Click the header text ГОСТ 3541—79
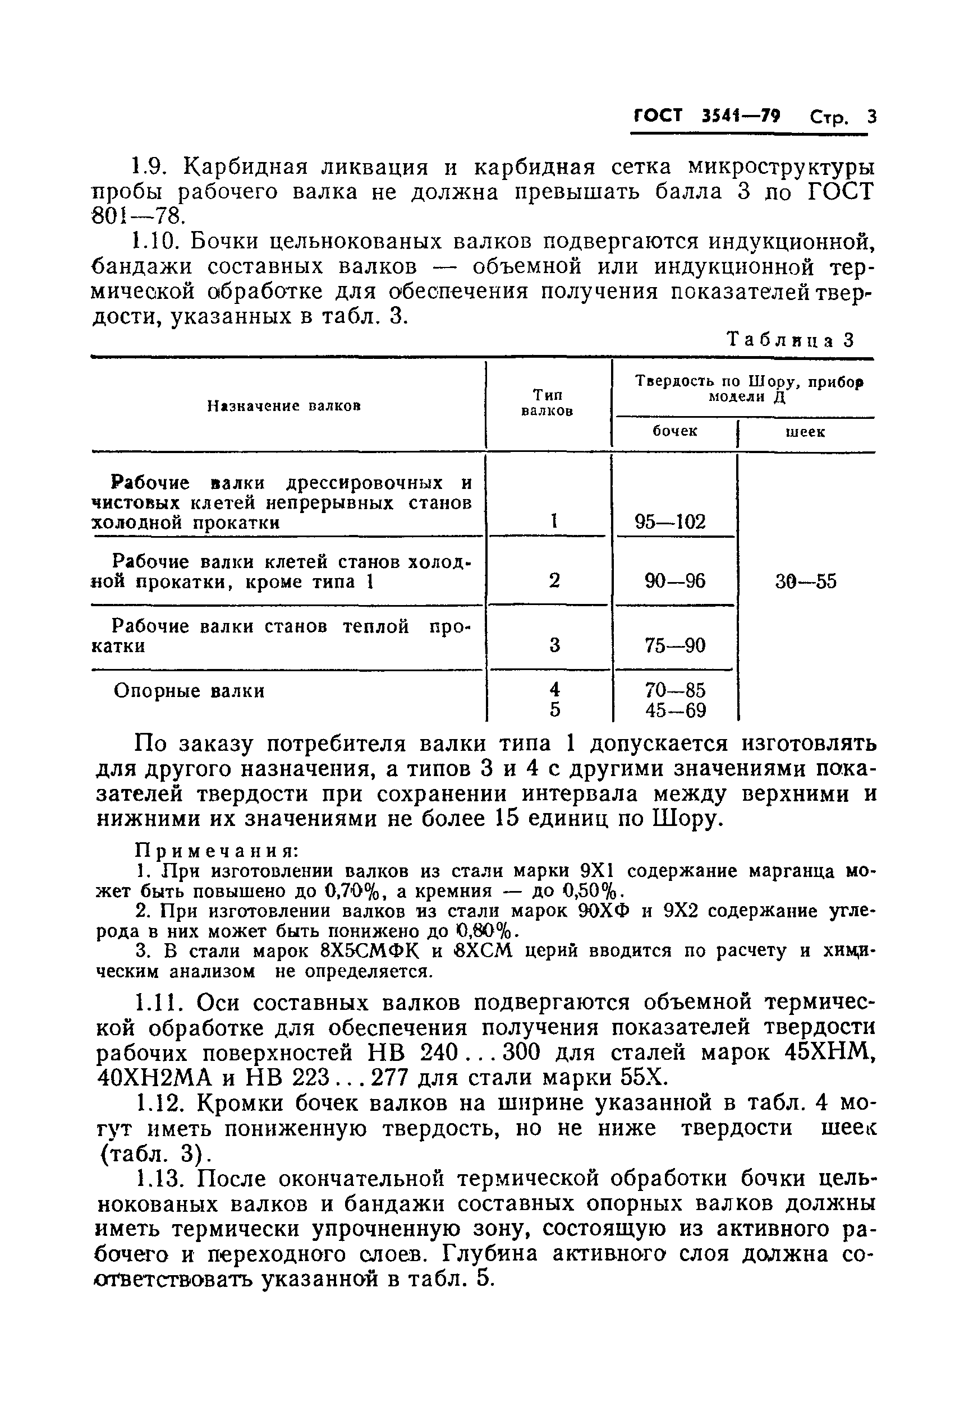point(706,116)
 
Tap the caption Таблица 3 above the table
point(791,340)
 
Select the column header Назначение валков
point(284,405)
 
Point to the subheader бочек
point(674,431)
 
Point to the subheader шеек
point(805,432)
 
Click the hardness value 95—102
point(670,521)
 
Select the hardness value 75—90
point(675,645)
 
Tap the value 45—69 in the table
point(675,710)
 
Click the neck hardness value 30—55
point(806,582)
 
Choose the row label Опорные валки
point(189,691)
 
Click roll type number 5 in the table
point(554,710)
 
